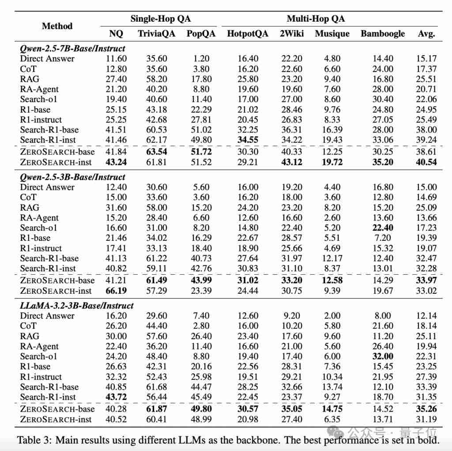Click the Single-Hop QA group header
point(161,19)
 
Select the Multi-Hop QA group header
point(316,19)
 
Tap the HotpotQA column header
point(247,34)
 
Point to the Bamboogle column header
point(382,34)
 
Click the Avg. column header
point(426,34)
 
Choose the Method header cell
point(57,26)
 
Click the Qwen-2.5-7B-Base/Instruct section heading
point(72,48)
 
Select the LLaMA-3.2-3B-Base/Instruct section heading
point(76,305)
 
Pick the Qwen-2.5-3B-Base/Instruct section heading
point(72,177)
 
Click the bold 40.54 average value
point(426,162)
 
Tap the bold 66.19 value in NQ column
point(116,291)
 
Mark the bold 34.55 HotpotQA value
point(247,140)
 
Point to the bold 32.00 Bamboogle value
point(382,356)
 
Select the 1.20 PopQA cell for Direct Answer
point(201,59)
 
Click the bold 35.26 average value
point(426,409)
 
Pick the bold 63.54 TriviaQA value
point(156,152)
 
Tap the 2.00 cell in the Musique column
point(332,316)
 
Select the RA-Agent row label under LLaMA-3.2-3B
point(39,346)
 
